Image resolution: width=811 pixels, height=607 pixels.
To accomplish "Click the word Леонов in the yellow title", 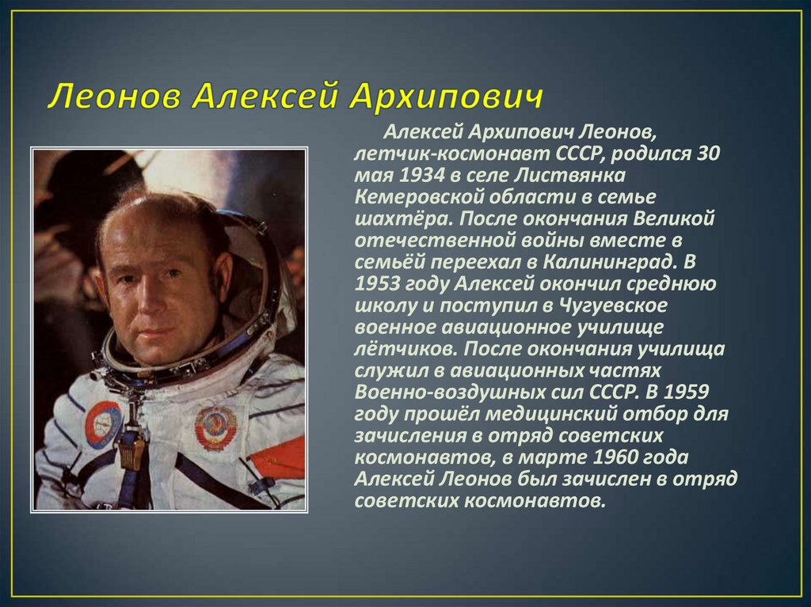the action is click(x=114, y=97).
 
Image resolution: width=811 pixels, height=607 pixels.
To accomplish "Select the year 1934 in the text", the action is click(x=421, y=175).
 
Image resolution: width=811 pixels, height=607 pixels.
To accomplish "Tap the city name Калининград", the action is click(x=611, y=263).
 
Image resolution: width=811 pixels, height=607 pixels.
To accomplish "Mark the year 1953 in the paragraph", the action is click(x=378, y=284).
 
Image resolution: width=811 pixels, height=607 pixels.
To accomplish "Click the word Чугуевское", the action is click(x=614, y=306).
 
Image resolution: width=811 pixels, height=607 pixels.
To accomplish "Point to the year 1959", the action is click(x=686, y=392).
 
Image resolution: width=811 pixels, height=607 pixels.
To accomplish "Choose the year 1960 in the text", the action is click(x=616, y=457).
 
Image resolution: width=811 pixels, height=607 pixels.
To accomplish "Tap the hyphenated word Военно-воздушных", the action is click(x=458, y=393).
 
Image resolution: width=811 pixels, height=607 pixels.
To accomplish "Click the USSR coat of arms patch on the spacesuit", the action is click(x=215, y=428).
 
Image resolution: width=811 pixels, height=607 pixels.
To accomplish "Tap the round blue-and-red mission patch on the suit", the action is click(x=103, y=424).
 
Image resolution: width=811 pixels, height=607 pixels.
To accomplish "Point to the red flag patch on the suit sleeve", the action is click(x=277, y=458).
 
